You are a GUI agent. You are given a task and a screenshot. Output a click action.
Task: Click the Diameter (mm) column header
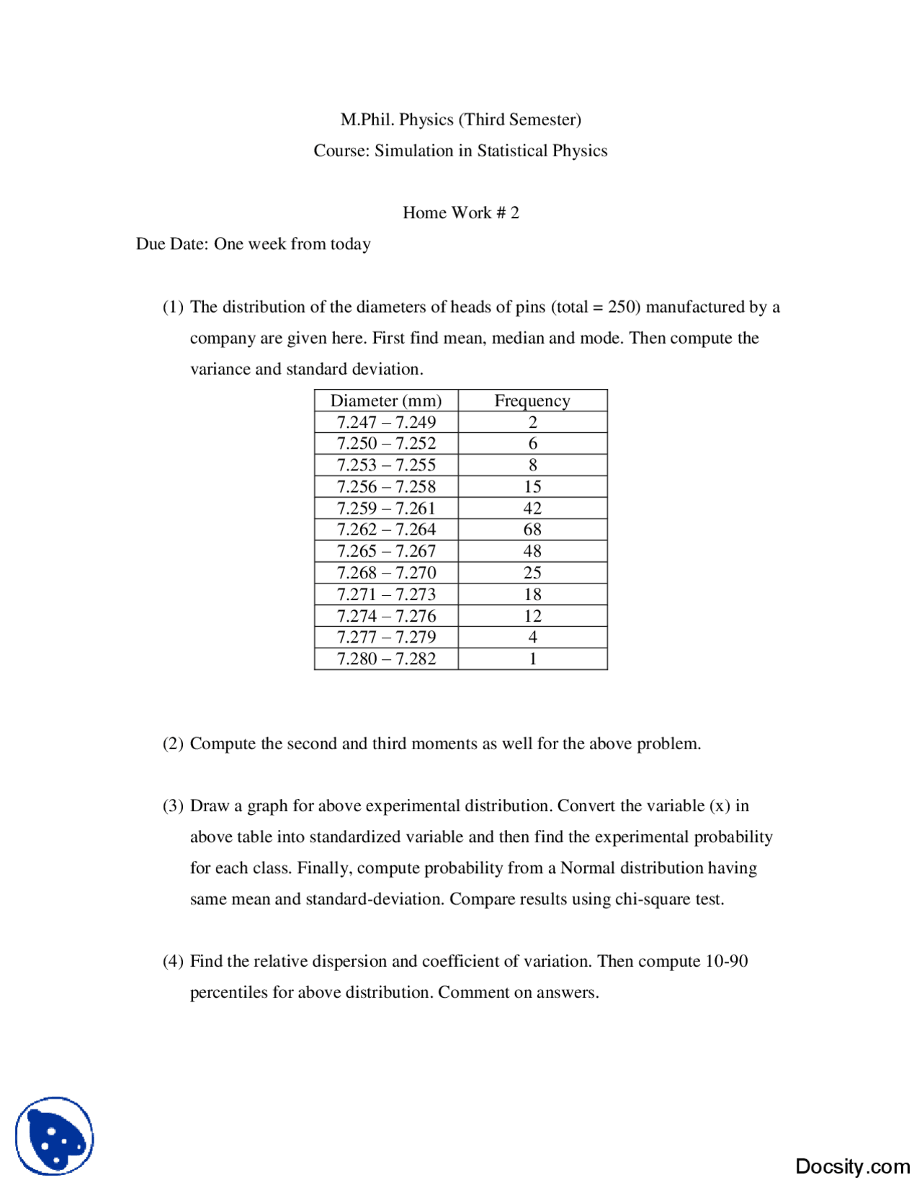(385, 401)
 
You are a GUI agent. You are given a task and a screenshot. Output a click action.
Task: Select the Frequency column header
(532, 401)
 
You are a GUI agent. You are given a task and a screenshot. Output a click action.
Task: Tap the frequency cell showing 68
(532, 530)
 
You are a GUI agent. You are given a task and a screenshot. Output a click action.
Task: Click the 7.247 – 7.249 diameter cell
(386, 422)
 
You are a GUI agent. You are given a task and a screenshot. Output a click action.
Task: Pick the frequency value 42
(532, 508)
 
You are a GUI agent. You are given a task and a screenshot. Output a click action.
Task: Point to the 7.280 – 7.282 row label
(386, 658)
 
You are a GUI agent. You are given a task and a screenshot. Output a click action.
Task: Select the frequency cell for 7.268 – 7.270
(532, 573)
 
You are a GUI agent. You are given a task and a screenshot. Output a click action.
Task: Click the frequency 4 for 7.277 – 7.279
(532, 637)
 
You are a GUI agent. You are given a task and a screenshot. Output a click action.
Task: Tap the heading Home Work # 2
(460, 213)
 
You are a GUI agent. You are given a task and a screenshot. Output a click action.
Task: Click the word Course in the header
(341, 151)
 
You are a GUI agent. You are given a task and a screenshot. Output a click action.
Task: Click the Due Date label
(171, 243)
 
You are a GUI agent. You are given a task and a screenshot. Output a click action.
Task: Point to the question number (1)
(173, 307)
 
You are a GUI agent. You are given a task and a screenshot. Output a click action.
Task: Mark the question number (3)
(173, 805)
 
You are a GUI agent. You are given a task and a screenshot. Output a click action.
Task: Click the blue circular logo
(55, 1136)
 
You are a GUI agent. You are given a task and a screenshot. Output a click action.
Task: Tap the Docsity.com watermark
(852, 1166)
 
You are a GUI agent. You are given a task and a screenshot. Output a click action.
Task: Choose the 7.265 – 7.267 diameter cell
(386, 551)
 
